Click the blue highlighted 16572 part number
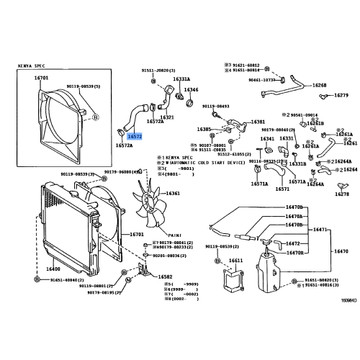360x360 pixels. (x=135, y=135)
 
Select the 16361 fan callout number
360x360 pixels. (x=173, y=194)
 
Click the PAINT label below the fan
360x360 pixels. (x=174, y=233)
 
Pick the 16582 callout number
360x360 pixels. (x=166, y=276)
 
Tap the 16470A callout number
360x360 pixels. (x=294, y=216)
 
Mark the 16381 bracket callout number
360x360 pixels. (x=258, y=122)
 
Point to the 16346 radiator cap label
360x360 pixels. (x=191, y=90)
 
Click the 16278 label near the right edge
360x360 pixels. (x=341, y=194)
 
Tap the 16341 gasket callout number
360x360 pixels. (x=267, y=138)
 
